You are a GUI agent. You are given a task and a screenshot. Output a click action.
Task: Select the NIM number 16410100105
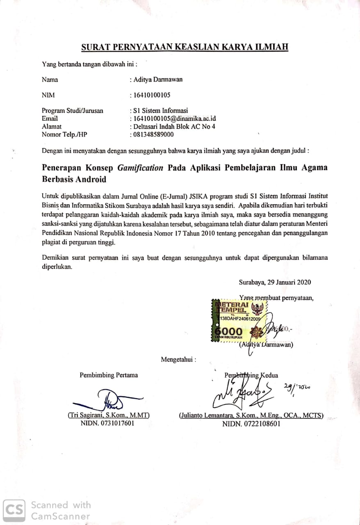(x=151, y=95)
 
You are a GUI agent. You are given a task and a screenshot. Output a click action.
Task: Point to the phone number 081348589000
(x=153, y=135)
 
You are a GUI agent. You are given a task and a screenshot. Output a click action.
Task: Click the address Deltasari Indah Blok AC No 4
(x=174, y=127)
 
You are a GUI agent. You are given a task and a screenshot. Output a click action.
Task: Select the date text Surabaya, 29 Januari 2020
(x=275, y=282)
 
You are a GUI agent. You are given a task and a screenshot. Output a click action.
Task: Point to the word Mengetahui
(x=178, y=360)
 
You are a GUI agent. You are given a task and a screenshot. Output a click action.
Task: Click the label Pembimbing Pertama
(x=109, y=375)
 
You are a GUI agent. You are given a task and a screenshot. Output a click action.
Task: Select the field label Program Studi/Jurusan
(x=73, y=110)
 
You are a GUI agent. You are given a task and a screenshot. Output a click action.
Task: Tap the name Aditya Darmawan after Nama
(x=158, y=80)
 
